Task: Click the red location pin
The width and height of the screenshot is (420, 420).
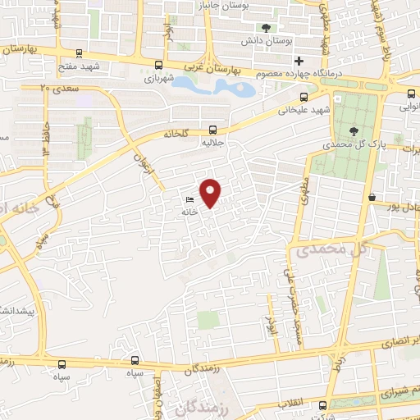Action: pos(212,193)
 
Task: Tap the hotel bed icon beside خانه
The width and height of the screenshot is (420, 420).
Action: pos(190,199)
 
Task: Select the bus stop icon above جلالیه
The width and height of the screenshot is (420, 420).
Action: pos(213,129)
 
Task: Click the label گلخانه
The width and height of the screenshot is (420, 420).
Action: pos(180,132)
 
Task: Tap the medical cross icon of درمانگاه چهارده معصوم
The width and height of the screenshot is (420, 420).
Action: pos(299,60)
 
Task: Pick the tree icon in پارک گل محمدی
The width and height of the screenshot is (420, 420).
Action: pos(354,130)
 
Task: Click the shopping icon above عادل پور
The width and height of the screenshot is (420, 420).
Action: pos(373,197)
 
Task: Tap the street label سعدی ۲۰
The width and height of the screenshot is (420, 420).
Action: pos(56,86)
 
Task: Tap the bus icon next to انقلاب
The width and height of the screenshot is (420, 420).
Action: pos(322,404)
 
